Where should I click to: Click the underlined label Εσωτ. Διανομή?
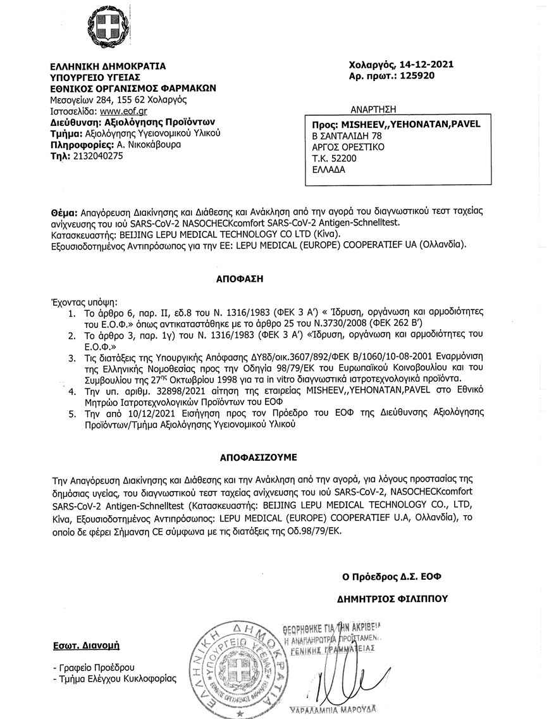click(x=86, y=646)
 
